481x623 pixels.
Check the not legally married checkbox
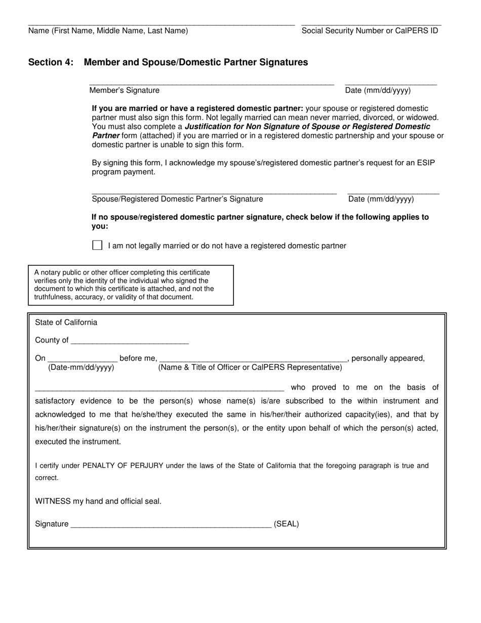tap(97, 245)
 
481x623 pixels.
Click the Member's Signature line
tap(211, 83)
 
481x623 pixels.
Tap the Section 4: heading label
tap(51, 62)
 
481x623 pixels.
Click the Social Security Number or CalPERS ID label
tap(370, 30)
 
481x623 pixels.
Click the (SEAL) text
tap(286, 524)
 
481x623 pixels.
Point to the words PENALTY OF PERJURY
tap(123, 465)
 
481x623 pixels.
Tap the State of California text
tap(66, 322)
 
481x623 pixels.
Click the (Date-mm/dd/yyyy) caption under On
tap(81, 367)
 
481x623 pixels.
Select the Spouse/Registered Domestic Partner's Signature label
tap(177, 199)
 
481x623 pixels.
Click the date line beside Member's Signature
tap(390, 83)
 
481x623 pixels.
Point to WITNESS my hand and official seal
tap(98, 501)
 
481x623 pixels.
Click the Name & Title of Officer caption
tap(250, 367)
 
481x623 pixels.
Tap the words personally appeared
tap(388, 358)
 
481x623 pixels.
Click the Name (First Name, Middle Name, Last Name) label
tap(108, 30)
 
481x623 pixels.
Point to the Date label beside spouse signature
tap(381, 199)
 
